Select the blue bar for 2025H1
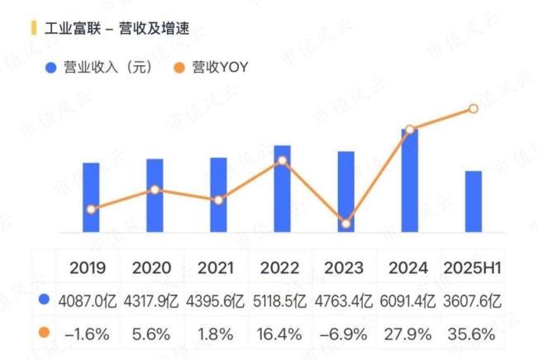point(473,202)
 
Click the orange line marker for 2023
point(346,223)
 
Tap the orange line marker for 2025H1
point(473,108)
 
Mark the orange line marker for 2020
point(154,190)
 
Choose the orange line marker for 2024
point(410,130)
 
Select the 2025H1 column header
point(473,268)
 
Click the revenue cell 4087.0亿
point(91,301)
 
